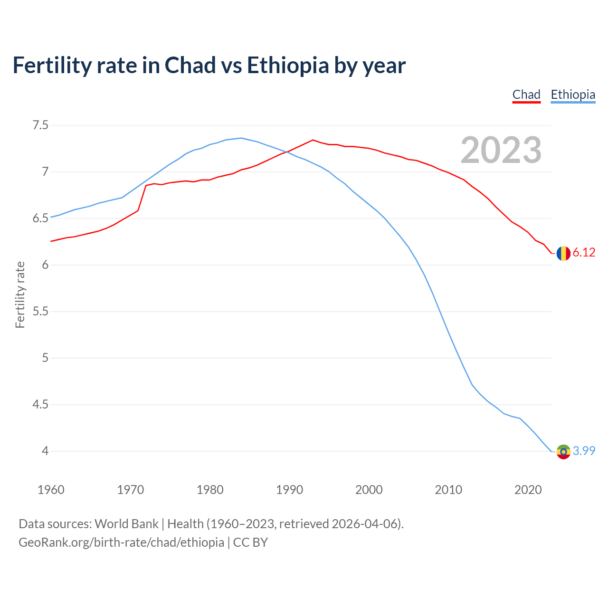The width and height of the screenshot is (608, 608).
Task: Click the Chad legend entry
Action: (x=526, y=95)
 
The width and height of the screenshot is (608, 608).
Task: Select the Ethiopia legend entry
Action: (x=573, y=95)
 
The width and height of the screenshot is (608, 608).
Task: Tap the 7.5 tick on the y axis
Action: (x=40, y=125)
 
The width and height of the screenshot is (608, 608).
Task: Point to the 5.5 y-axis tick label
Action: (x=40, y=312)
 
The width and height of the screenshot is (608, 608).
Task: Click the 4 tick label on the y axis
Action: (x=45, y=451)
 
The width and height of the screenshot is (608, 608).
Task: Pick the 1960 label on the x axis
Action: (x=51, y=490)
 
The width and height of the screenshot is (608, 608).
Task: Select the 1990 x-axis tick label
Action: (x=289, y=490)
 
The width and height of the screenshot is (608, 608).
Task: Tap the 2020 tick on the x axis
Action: (x=528, y=490)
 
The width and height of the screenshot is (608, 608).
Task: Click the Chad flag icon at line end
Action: (x=563, y=253)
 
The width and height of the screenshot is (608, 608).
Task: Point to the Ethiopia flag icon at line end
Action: (x=563, y=451)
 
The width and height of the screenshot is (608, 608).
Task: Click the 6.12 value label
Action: (x=584, y=253)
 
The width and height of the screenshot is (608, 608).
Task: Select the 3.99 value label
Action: (x=584, y=451)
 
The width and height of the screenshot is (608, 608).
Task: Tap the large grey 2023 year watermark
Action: (x=501, y=150)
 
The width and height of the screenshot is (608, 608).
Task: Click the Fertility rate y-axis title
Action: (x=20, y=294)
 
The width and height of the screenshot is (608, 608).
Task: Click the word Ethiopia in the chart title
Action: (x=288, y=65)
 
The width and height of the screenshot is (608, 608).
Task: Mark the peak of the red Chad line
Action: (x=313, y=140)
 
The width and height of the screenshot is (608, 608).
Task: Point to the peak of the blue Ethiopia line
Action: (x=241, y=138)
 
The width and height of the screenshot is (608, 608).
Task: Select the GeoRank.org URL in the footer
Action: (x=121, y=542)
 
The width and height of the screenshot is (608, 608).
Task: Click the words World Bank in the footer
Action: (x=126, y=524)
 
